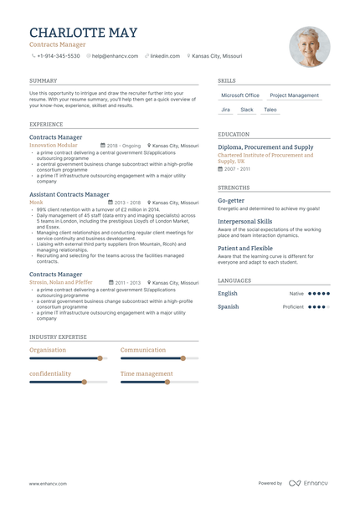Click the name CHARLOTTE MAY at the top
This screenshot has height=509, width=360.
pyautogui.click(x=84, y=33)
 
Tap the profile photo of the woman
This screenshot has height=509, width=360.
pyautogui.click(x=309, y=47)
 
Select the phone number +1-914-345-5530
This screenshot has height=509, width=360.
pyautogui.click(x=58, y=56)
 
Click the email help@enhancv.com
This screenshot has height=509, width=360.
pyautogui.click(x=114, y=56)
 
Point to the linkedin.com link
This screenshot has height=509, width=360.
pyautogui.click(x=165, y=56)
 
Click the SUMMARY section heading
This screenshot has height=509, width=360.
pyautogui.click(x=43, y=81)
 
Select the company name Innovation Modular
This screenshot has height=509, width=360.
pyautogui.click(x=54, y=145)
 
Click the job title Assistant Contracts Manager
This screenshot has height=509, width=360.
pyautogui.click(x=69, y=194)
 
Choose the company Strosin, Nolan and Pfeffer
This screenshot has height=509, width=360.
pyautogui.click(x=61, y=283)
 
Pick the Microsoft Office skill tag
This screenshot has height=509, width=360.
pyautogui.click(x=240, y=95)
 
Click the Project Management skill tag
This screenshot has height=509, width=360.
pyautogui.click(x=294, y=95)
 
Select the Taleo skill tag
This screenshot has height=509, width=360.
pyautogui.click(x=270, y=110)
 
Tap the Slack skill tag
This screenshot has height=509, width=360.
pyautogui.click(x=247, y=110)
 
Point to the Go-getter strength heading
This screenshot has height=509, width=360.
pyautogui.click(x=231, y=201)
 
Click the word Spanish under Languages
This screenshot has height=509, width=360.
pyautogui.click(x=228, y=306)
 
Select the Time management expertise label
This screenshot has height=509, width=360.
pyautogui.click(x=147, y=373)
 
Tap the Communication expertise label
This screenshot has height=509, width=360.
pyautogui.click(x=143, y=350)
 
